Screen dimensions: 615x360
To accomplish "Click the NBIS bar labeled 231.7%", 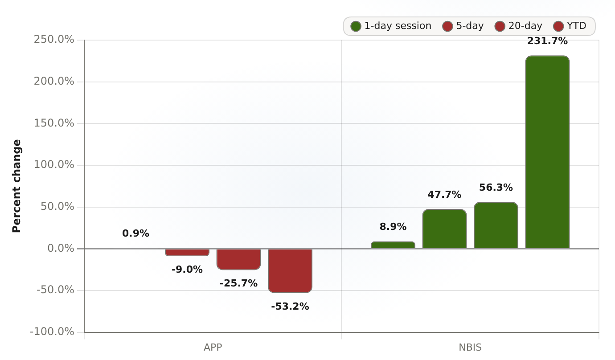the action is click(x=547, y=152).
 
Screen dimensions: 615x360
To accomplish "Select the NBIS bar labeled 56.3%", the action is click(x=496, y=225).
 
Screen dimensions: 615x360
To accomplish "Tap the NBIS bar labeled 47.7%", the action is click(x=444, y=229).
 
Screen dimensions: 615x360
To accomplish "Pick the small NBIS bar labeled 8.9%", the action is click(x=393, y=245).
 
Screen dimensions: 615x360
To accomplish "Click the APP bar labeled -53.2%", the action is click(x=290, y=271).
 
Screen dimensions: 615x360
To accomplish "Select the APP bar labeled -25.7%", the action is click(x=238, y=259).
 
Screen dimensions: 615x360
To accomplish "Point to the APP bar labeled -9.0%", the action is click(x=187, y=253).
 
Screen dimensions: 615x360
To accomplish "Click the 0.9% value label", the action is click(x=135, y=233).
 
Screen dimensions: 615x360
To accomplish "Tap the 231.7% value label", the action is click(x=547, y=41).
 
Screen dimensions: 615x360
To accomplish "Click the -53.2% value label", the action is click(x=290, y=306).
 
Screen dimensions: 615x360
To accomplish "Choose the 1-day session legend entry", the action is click(x=391, y=26).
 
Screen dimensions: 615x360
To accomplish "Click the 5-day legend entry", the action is click(x=463, y=26).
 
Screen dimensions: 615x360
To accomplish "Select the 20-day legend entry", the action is click(x=518, y=26).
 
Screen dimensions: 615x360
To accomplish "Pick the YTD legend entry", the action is click(x=570, y=26).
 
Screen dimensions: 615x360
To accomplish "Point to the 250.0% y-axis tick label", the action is click(x=54, y=40).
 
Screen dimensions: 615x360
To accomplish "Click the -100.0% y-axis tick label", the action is click(x=52, y=332).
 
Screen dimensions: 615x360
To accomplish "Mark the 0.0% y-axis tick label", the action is click(x=61, y=248).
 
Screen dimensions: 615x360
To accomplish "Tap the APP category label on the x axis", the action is click(x=213, y=348).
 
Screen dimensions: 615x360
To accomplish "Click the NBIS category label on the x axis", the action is click(x=470, y=348).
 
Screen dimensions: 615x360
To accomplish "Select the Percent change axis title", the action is click(x=16, y=186).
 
